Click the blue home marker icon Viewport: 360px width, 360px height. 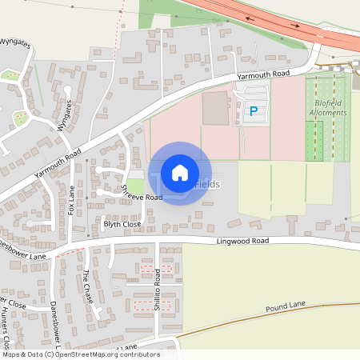pos(180,173)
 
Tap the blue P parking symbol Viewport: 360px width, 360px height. pos(254,112)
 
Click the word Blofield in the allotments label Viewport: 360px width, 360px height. pos(328,102)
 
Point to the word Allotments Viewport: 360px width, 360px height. pos(328,113)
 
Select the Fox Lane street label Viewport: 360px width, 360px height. pos(72,199)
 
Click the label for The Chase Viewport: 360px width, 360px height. pos(89,286)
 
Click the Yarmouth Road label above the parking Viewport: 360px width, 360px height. pos(262,74)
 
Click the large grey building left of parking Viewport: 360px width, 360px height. pos(215,108)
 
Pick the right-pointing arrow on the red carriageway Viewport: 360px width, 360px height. pos(297,26)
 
